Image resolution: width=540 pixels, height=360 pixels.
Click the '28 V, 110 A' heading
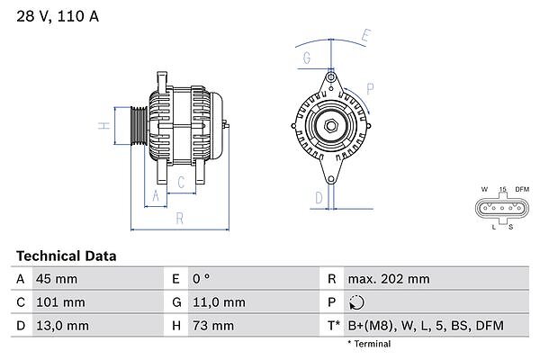click(58, 16)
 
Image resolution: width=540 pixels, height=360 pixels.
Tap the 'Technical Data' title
click(67, 256)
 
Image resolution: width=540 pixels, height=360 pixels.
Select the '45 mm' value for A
click(57, 279)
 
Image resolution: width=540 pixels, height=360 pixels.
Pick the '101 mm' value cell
click(60, 302)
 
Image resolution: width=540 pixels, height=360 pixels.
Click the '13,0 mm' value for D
click(62, 326)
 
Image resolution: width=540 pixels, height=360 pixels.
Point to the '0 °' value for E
click(201, 279)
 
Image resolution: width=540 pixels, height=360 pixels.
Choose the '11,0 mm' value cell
click(219, 302)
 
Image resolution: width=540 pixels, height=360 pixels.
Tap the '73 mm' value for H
click(213, 326)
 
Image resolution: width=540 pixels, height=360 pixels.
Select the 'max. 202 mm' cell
click(389, 279)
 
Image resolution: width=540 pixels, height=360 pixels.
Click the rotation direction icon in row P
click(356, 302)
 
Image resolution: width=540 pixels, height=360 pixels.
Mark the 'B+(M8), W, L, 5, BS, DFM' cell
click(426, 326)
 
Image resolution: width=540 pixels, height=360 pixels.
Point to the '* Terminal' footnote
click(369, 344)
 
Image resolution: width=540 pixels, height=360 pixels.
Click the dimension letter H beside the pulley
click(104, 125)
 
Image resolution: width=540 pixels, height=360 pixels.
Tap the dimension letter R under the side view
click(180, 219)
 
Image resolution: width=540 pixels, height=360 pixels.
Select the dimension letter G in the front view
click(307, 58)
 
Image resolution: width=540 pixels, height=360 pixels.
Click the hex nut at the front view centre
click(331, 126)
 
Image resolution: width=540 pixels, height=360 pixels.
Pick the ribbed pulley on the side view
click(139, 125)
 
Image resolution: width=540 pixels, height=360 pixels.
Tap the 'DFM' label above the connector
click(522, 189)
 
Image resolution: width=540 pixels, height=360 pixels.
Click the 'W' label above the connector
click(484, 189)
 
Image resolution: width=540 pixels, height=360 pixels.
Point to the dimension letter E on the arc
click(366, 35)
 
